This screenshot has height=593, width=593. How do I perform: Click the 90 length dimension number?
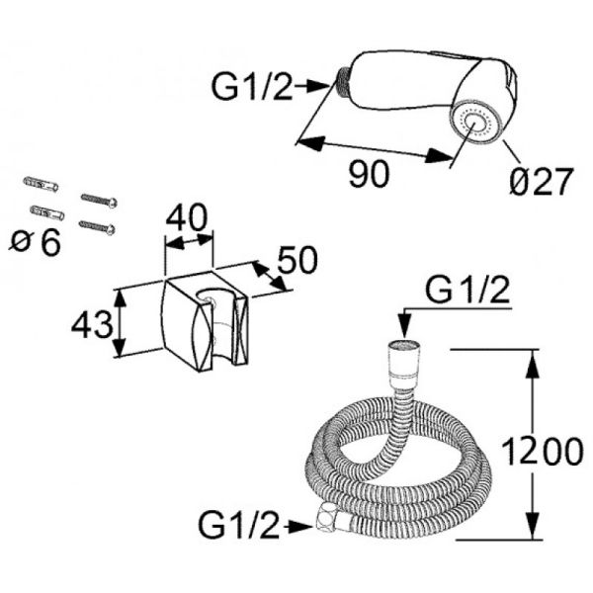pyautogui.click(x=369, y=173)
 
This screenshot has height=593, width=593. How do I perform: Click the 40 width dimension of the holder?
pyautogui.click(x=188, y=215)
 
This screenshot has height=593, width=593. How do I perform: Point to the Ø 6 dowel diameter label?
pyautogui.click(x=37, y=240)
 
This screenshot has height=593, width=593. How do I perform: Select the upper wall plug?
pyautogui.click(x=42, y=185)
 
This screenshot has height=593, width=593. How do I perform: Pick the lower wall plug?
pyautogui.click(x=47, y=212)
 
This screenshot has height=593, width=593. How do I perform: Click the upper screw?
pyautogui.click(x=100, y=201)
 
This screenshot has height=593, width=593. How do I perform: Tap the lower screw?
pyautogui.click(x=98, y=226)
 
